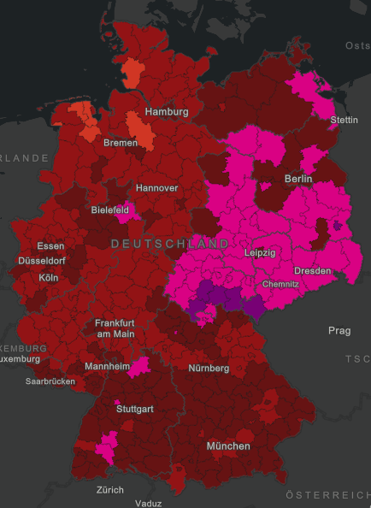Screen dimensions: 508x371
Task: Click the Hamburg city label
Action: [166, 113]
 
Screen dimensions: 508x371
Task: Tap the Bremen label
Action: [120, 143]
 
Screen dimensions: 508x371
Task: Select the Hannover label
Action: [156, 187]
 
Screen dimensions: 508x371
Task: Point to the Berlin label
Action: [298, 179]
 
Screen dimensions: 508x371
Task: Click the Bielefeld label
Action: [110, 210]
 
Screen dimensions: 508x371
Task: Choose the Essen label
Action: [50, 246]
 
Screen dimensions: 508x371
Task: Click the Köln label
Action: [50, 278]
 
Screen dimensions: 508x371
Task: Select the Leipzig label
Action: [260, 253]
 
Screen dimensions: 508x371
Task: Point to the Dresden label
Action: [312, 270]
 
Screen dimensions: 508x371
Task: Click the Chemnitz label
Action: [281, 283]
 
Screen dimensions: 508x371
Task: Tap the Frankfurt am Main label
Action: [115, 328]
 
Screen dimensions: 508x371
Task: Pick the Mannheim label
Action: [108, 367]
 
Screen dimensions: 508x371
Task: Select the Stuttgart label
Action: [135, 409]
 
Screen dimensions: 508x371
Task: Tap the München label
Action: [228, 446]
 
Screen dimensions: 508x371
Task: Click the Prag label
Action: [339, 330]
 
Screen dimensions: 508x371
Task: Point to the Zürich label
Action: [109, 490]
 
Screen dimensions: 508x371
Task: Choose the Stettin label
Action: [344, 120]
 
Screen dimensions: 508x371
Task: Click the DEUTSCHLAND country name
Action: [170, 244]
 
